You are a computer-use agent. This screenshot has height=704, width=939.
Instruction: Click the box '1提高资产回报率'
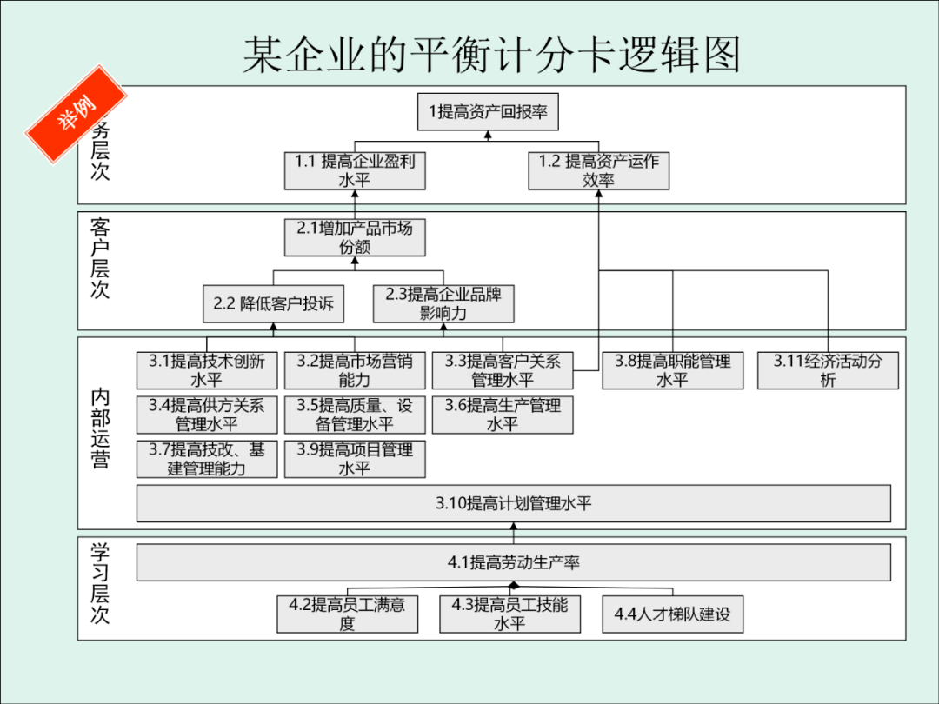click(x=487, y=112)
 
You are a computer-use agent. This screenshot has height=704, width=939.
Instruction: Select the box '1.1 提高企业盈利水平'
click(x=355, y=170)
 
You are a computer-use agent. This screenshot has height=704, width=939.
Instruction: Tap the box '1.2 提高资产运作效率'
click(x=598, y=170)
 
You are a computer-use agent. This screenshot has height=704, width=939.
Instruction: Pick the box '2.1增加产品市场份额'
click(x=355, y=237)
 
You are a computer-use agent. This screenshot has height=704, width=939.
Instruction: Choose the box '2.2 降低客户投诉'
click(x=273, y=304)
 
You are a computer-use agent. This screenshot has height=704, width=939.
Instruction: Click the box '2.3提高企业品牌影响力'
click(x=443, y=303)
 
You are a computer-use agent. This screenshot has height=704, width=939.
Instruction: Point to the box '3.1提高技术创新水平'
click(x=207, y=370)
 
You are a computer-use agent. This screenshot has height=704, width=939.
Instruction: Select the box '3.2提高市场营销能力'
click(x=355, y=370)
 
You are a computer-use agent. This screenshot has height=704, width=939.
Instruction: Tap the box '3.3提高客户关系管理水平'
click(x=503, y=370)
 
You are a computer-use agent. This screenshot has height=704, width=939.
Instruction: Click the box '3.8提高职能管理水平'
click(x=673, y=370)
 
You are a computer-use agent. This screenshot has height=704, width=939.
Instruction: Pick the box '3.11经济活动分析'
click(x=828, y=370)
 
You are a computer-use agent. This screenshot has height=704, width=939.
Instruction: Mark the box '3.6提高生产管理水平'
click(x=503, y=415)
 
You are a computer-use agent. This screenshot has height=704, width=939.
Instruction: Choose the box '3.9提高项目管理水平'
click(x=355, y=459)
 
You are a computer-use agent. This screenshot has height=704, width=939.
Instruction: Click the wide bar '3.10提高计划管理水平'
click(x=513, y=503)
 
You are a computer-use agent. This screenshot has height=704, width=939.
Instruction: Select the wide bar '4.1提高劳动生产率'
click(x=513, y=562)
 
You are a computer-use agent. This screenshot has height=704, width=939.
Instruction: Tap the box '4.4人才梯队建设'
click(x=673, y=614)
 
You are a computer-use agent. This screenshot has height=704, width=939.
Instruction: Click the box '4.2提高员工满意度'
click(x=347, y=614)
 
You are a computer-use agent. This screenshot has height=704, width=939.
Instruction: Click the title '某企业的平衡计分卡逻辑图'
click(x=491, y=55)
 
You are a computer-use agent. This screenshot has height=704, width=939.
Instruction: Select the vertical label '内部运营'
click(x=101, y=429)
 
